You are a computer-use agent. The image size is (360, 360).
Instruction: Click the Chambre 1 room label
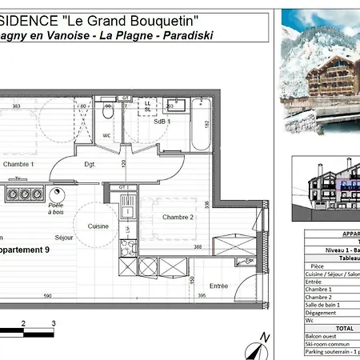(18, 164)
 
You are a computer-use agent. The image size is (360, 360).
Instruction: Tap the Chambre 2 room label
(178, 218)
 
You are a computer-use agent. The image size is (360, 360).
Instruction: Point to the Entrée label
(218, 286)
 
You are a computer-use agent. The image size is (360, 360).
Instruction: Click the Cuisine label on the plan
(98, 226)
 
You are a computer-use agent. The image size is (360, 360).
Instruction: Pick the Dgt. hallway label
(90, 165)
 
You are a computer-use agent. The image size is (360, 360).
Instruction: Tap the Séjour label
(64, 238)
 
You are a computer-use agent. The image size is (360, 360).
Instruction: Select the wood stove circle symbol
(56, 194)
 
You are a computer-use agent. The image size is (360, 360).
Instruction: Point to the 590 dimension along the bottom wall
(47, 297)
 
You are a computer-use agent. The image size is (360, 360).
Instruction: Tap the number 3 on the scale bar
(54, 323)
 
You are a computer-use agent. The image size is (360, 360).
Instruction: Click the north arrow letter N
(266, 338)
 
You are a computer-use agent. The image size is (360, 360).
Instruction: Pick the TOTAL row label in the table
(323, 327)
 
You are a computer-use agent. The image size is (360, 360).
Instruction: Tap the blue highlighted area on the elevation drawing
(352, 186)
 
